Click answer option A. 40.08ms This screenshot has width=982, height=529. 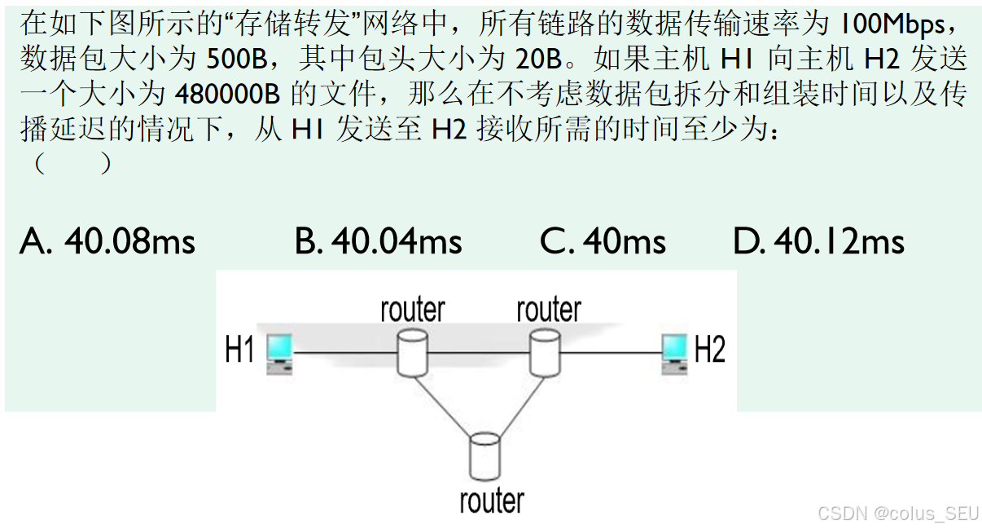point(107,241)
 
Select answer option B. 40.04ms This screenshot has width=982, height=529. point(379,241)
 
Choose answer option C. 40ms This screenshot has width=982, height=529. point(603,241)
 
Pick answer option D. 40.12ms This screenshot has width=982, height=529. point(818,241)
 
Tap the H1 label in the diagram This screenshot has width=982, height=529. point(240,350)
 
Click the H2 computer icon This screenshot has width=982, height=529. point(674,353)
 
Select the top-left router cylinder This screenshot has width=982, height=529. point(412,352)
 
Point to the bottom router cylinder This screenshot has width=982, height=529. point(484,457)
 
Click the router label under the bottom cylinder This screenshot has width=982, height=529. point(492,500)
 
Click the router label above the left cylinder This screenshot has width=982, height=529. point(413,310)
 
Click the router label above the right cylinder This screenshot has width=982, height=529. point(549,310)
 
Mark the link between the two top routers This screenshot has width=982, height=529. point(478,353)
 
